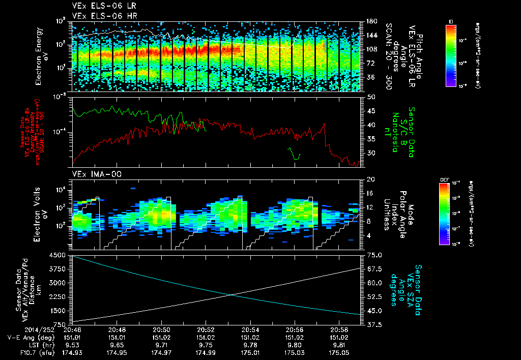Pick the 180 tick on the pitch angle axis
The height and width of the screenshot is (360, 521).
[368, 21]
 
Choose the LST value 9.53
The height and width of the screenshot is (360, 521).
[73, 344]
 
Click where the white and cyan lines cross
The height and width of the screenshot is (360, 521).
[232, 294]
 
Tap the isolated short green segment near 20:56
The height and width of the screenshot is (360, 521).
[295, 154]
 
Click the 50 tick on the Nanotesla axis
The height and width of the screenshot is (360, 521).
[370, 97]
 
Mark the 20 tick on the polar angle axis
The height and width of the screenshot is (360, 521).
[370, 179]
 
